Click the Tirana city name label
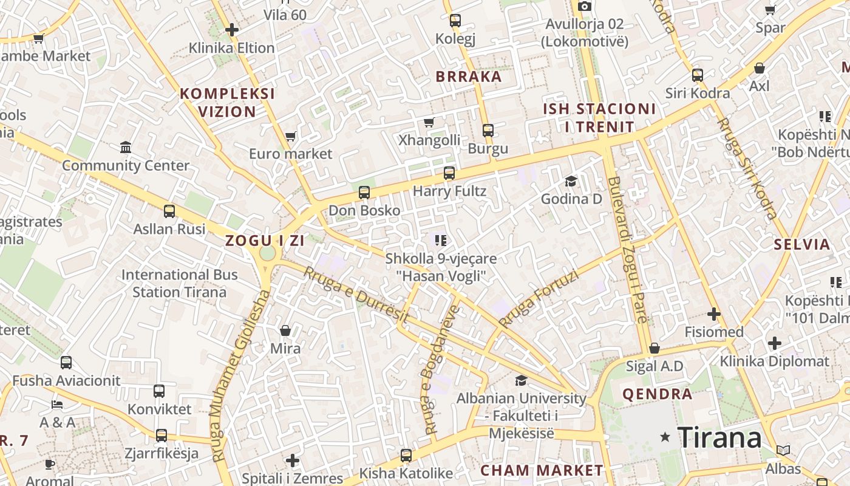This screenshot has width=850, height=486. [719, 437]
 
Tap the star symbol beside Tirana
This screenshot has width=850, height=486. [665, 437]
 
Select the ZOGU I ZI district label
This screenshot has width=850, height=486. [265, 241]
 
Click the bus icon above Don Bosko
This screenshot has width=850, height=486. [364, 193]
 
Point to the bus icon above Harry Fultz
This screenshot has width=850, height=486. [449, 173]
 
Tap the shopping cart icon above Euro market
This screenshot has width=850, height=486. [291, 136]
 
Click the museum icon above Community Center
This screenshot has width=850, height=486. [126, 147]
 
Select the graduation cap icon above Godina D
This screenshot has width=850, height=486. [571, 181]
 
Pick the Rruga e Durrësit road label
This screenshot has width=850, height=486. [356, 295]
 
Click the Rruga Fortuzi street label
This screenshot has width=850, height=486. [539, 298]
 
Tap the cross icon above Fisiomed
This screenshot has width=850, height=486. [714, 314]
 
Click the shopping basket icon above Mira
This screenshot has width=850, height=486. [285, 330]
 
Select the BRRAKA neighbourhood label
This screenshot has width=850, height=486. [469, 77]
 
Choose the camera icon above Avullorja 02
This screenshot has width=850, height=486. [585, 6]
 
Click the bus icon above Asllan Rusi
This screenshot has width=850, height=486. [169, 211]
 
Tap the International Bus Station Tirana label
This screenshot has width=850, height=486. [180, 283]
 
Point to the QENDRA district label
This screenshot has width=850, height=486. [658, 394]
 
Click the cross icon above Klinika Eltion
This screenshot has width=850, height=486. [231, 29]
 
